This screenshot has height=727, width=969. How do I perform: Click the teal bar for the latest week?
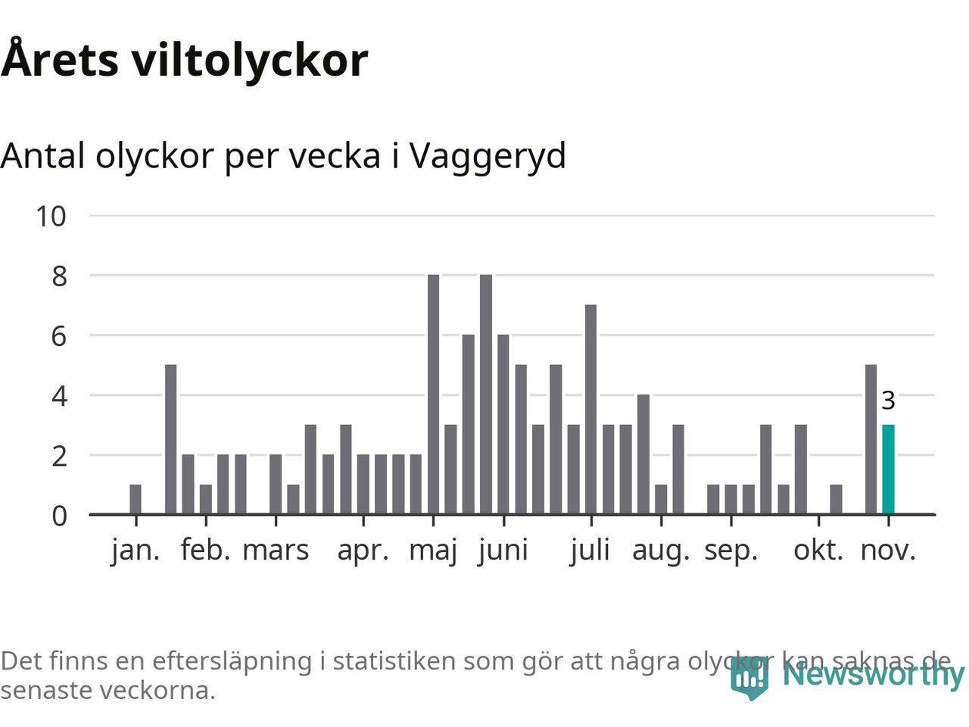click(888, 470)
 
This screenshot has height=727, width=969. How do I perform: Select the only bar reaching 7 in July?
click(590, 409)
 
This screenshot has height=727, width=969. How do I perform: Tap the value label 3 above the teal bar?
click(888, 401)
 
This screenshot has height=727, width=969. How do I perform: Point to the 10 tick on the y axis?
click(51, 217)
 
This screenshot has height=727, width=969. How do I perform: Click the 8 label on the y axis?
click(59, 276)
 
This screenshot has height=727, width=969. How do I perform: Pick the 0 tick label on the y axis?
click(59, 516)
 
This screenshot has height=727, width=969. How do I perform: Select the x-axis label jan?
click(136, 551)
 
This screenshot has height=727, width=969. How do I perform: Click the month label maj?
click(433, 551)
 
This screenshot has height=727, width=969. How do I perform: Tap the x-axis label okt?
click(818, 551)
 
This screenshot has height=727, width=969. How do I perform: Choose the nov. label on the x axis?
click(888, 551)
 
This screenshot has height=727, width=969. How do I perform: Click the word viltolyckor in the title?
click(250, 61)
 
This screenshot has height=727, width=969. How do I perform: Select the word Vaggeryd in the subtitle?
click(488, 157)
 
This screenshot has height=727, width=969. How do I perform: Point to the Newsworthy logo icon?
click(749, 678)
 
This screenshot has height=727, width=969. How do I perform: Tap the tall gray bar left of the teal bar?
click(871, 439)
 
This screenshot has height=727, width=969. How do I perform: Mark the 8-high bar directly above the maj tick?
click(433, 394)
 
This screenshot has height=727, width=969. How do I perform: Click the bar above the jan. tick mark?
click(136, 500)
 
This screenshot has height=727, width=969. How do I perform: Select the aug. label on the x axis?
click(661, 551)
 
